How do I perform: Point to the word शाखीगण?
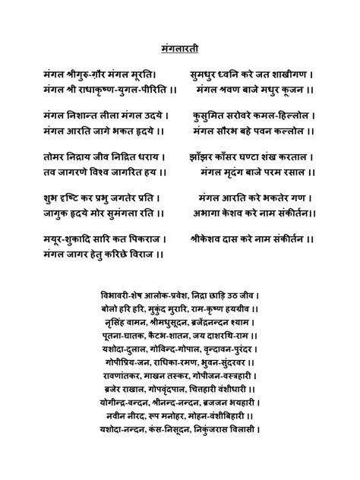coord(286,74)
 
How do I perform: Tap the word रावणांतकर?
coord(124,374)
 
